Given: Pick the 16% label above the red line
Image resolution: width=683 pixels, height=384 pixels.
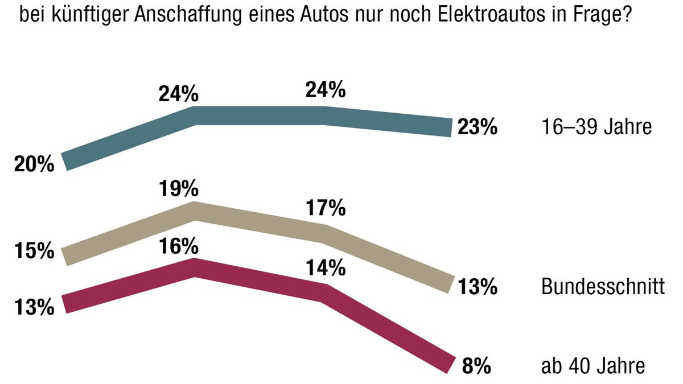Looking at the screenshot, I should [x=178, y=246].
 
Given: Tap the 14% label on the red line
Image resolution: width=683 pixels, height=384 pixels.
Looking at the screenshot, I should [x=326, y=267].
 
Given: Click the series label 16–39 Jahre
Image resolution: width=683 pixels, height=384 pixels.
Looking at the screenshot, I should [x=595, y=127].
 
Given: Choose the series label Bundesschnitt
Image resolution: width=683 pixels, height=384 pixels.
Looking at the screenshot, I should [x=603, y=287].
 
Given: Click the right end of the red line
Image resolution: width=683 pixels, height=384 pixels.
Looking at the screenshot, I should [x=450, y=364].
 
